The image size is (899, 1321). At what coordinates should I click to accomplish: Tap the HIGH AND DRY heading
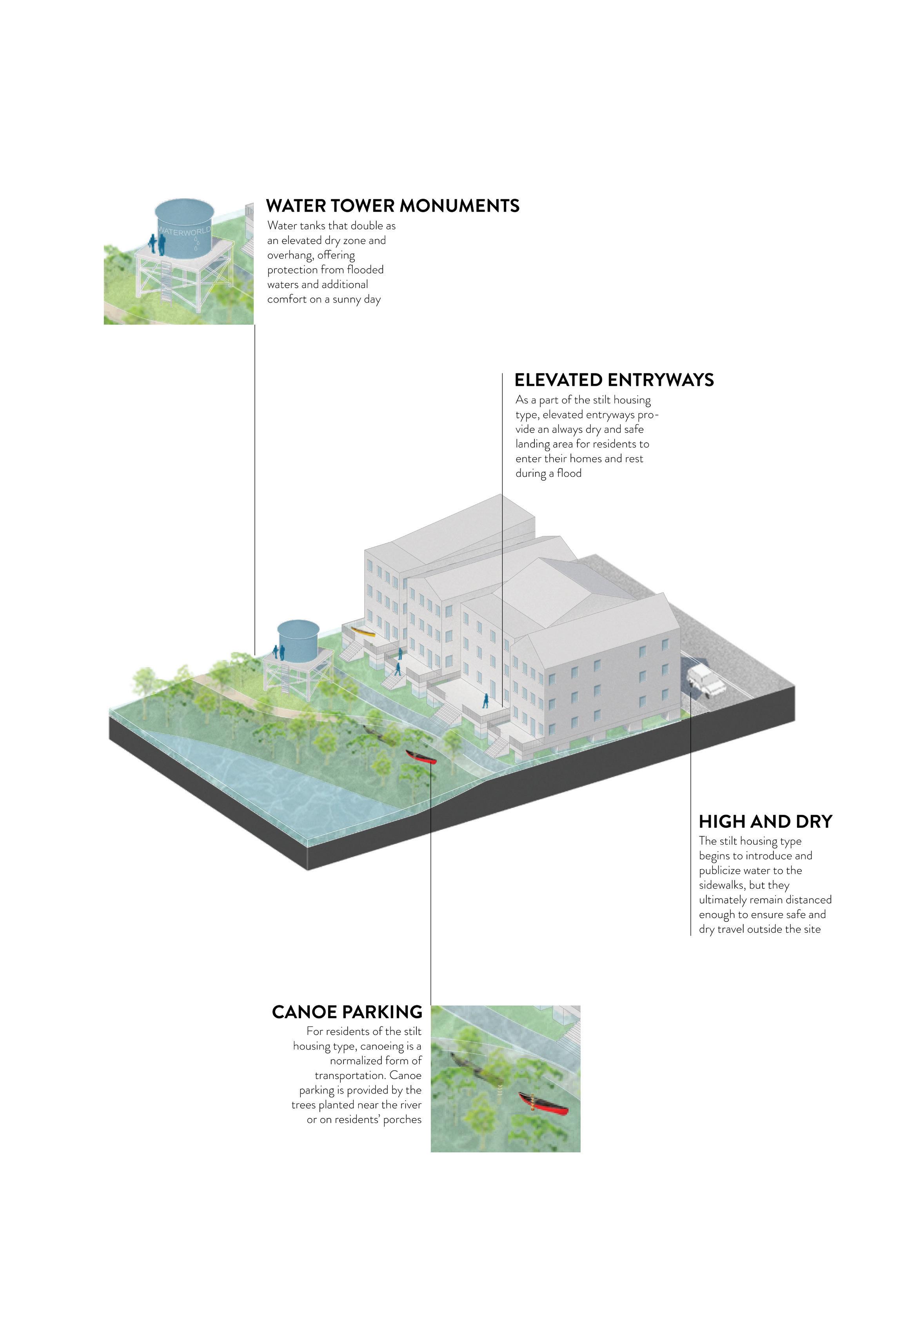(x=765, y=821)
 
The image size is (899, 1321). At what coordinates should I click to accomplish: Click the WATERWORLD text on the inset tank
(x=183, y=231)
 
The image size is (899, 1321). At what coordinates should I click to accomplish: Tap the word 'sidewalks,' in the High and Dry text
(x=724, y=886)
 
